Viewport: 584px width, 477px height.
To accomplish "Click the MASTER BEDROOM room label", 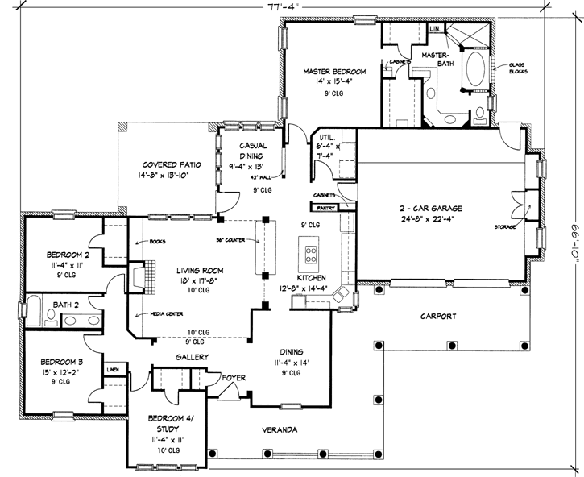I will tap(334, 72).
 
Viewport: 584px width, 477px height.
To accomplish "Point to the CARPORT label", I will tap(438, 317).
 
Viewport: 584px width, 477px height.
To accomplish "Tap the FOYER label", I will tap(234, 377).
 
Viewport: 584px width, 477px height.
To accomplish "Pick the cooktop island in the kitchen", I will tap(309, 255).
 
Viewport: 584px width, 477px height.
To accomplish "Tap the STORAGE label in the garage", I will tap(505, 226).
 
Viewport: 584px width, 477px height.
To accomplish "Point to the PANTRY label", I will tap(325, 206).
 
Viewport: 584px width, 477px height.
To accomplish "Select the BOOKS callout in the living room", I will tap(156, 240).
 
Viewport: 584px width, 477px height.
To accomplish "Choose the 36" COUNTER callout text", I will tap(231, 239).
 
